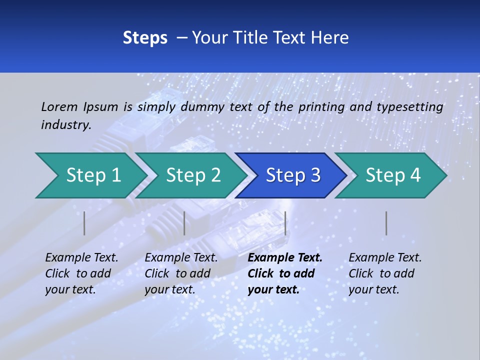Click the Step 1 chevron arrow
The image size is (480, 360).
(x=93, y=175)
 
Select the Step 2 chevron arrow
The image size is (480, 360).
(x=193, y=175)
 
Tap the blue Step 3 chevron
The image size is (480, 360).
(x=293, y=175)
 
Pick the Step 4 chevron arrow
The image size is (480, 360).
(x=393, y=175)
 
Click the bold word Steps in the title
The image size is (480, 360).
(x=145, y=38)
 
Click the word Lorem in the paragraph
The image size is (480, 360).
(x=59, y=106)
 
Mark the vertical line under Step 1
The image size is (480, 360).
(x=84, y=223)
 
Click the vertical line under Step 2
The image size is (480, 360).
(x=184, y=223)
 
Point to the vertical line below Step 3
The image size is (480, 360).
(x=285, y=223)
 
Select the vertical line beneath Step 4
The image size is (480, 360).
(x=386, y=223)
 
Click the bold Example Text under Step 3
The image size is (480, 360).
(x=285, y=258)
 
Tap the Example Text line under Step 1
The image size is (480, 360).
(x=81, y=258)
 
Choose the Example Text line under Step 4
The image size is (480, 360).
(x=385, y=258)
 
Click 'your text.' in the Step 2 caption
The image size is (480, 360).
(x=170, y=289)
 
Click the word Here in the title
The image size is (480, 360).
(x=331, y=38)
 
